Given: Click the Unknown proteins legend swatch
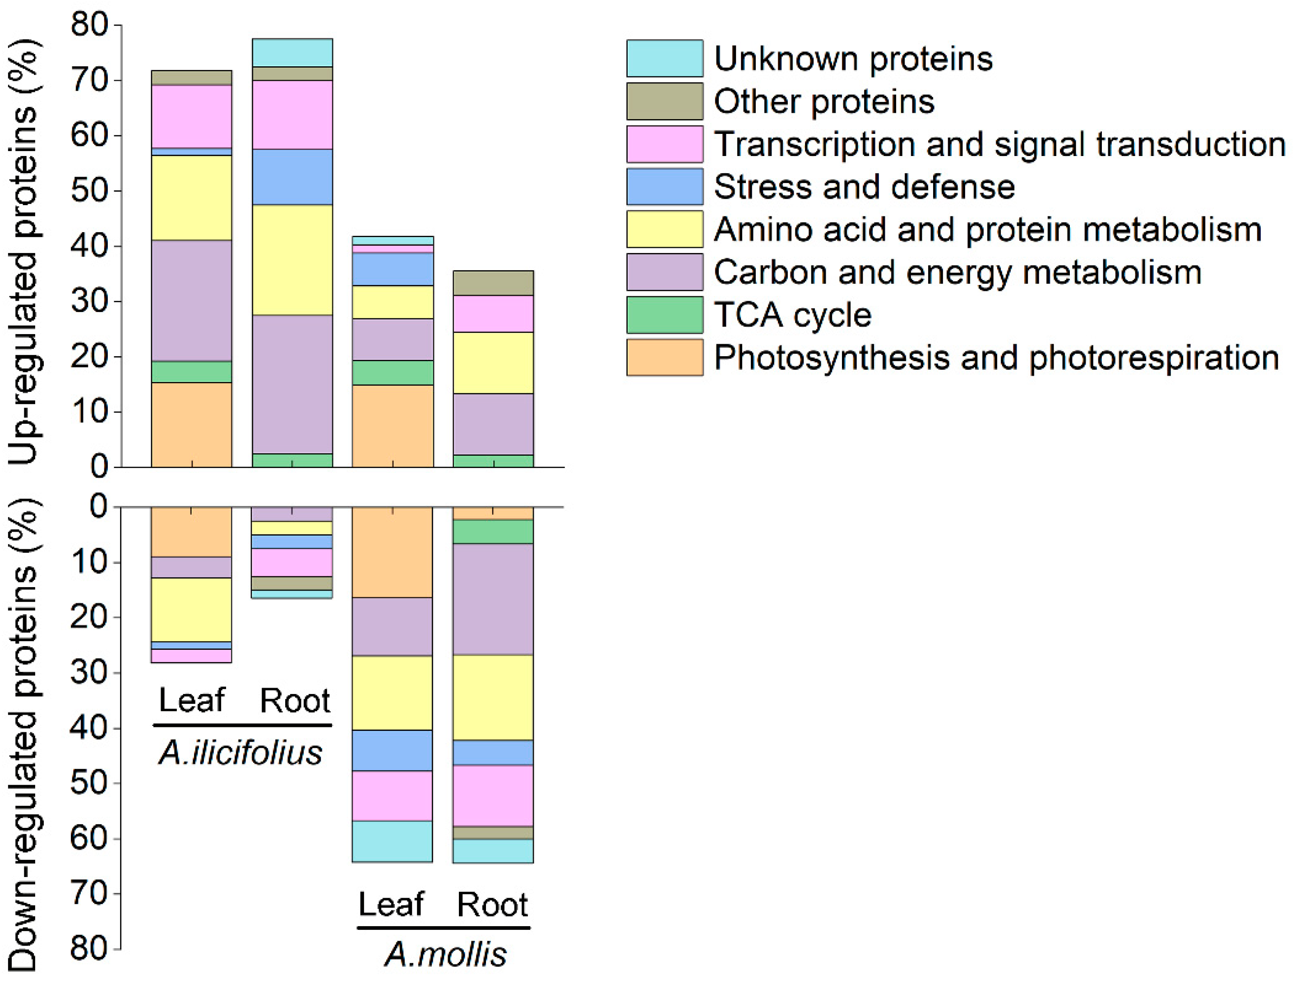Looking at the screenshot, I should pyautogui.click(x=665, y=59).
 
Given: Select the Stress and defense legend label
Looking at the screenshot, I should pyautogui.click(x=864, y=187).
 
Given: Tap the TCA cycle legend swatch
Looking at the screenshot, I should pyautogui.click(x=665, y=315).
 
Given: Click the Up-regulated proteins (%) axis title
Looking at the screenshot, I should pyautogui.click(x=24, y=252).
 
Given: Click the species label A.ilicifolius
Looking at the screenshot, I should pyautogui.click(x=240, y=753).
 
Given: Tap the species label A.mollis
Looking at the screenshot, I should pyautogui.click(x=445, y=955).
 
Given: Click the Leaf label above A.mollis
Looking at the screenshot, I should pyautogui.click(x=390, y=905).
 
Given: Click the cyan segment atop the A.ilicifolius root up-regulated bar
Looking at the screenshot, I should pyautogui.click(x=292, y=53).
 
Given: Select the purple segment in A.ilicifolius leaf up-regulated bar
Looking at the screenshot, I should pyautogui.click(x=191, y=301).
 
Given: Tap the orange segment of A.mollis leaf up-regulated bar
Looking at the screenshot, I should pyautogui.click(x=392, y=426).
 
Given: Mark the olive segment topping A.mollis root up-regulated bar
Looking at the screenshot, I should pyautogui.click(x=493, y=283).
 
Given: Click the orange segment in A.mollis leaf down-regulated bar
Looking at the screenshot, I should pyautogui.click(x=392, y=552).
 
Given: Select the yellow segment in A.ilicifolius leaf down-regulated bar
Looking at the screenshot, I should pyautogui.click(x=191, y=610).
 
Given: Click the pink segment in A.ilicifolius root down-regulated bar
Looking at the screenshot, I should pyautogui.click(x=292, y=562).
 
